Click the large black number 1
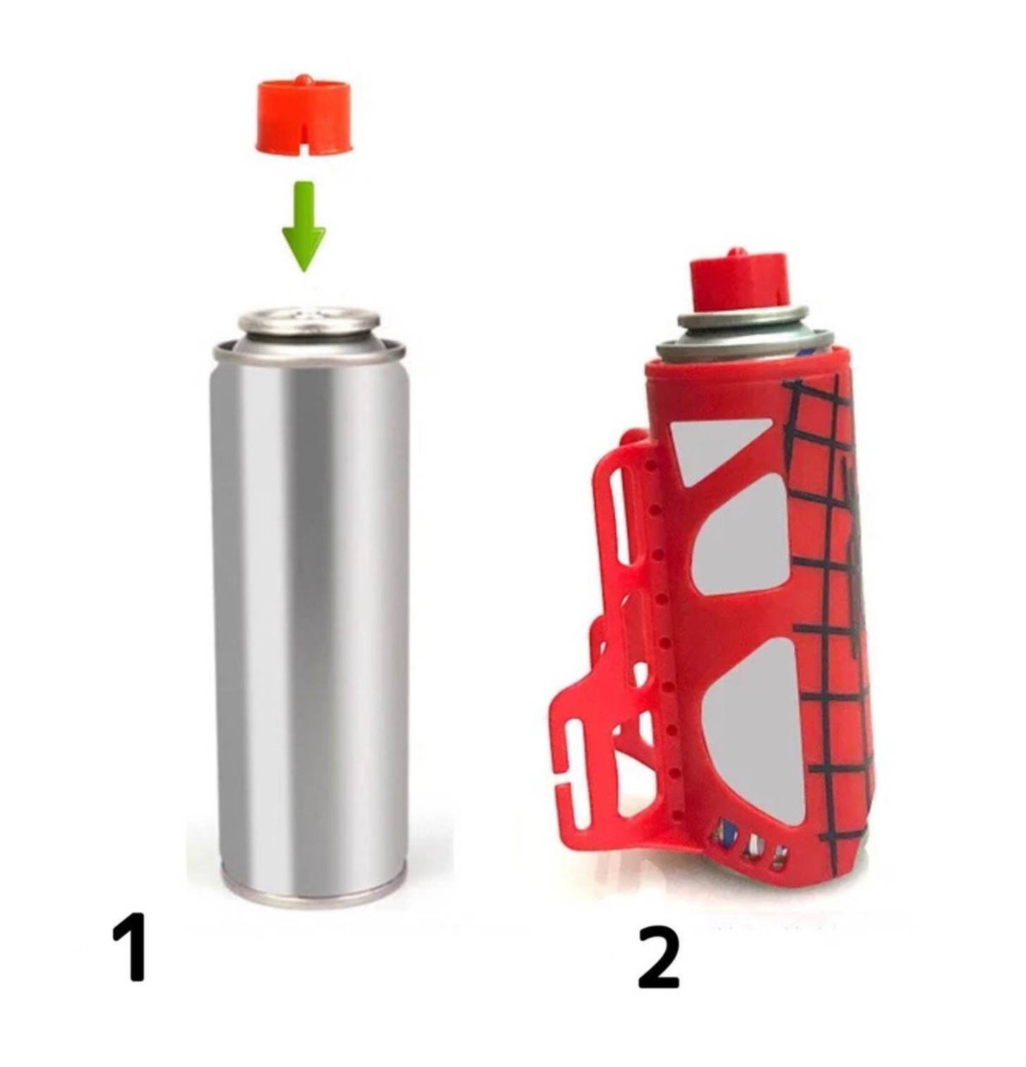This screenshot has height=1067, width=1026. (130, 946)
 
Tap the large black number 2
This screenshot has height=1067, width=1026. (659, 956)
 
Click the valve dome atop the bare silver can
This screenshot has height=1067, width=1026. (309, 321)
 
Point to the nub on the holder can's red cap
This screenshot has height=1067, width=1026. (736, 252)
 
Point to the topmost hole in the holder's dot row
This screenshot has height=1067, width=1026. (650, 466)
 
